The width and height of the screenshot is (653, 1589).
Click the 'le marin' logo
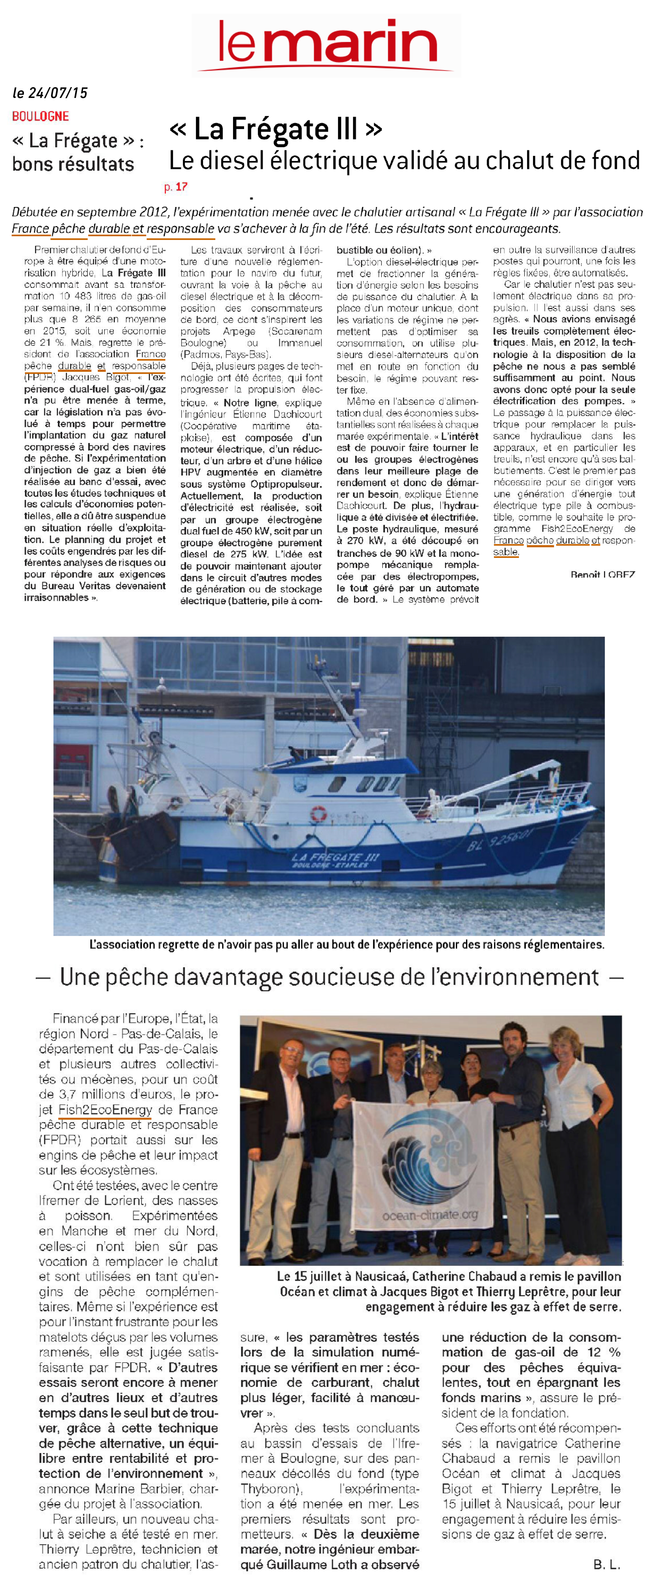pyautogui.click(x=327, y=44)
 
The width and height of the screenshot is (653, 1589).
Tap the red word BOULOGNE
pyautogui.click(x=40, y=116)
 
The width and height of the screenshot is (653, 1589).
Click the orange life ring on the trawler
pyautogui.click(x=318, y=813)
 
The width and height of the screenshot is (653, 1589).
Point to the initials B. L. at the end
pyautogui.click(x=606, y=1564)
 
